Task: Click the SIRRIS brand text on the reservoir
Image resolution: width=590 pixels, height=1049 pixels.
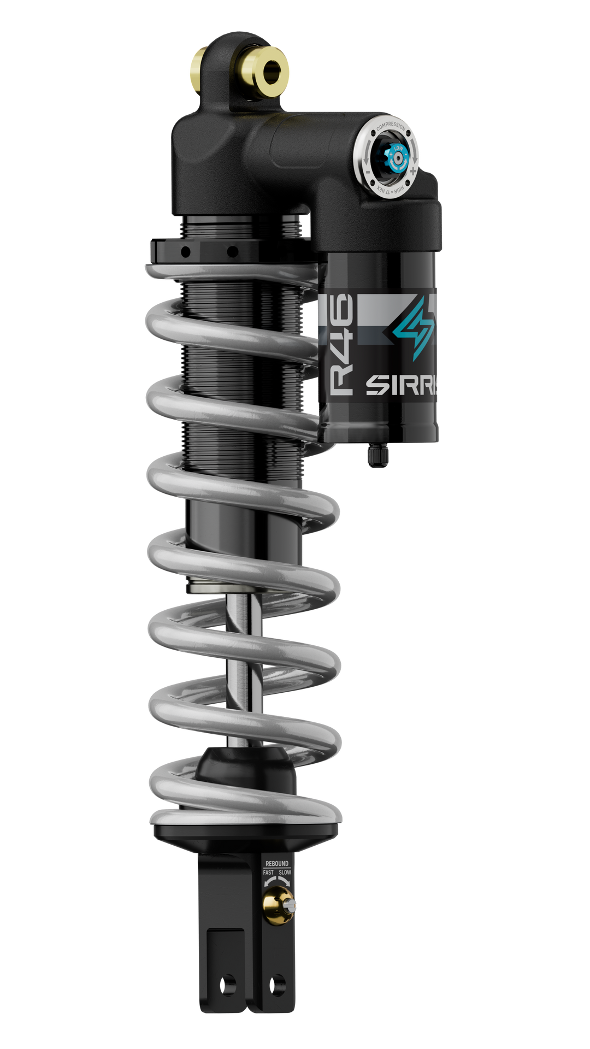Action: coord(402,386)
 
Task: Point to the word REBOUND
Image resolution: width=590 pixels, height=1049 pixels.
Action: coord(276,864)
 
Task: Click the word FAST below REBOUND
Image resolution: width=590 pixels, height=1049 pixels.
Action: coord(268,873)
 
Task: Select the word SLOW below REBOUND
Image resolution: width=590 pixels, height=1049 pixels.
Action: coord(285,873)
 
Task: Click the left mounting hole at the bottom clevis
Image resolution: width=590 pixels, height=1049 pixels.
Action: coord(227,985)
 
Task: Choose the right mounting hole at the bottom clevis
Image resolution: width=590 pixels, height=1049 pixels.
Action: coord(278,985)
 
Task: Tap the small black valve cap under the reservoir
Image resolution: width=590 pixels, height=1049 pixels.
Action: coord(377,455)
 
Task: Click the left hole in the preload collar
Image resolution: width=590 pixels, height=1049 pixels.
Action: coord(186,252)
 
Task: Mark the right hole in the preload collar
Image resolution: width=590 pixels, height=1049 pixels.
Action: coord(232,252)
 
